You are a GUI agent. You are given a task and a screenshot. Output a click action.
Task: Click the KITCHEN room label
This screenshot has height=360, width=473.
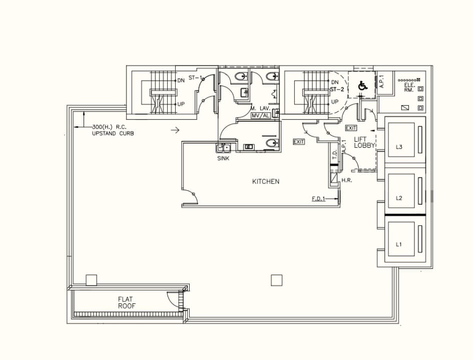click(265, 181)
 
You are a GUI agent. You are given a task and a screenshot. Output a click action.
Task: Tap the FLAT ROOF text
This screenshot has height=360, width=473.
click(127, 302)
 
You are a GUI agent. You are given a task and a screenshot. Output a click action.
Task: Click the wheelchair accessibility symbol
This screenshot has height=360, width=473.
click(362, 86)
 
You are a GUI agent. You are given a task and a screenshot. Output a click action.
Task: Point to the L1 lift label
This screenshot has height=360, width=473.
click(399, 244)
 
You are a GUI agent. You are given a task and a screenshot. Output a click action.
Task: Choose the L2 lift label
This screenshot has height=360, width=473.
click(399, 198)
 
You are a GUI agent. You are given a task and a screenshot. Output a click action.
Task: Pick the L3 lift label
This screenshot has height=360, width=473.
click(399, 147)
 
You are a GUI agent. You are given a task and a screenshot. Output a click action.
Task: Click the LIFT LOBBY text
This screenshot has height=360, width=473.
click(364, 142)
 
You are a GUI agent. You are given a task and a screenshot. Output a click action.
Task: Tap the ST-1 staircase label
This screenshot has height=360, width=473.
click(195, 78)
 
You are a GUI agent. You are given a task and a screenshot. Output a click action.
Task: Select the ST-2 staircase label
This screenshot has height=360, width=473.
click(336, 90)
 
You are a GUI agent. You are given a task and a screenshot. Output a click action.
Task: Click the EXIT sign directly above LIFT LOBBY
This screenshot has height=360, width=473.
click(351, 128)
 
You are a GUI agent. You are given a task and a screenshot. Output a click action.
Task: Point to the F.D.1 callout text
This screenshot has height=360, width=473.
click(318, 199)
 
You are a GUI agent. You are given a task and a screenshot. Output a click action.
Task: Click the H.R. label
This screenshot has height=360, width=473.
click(347, 180)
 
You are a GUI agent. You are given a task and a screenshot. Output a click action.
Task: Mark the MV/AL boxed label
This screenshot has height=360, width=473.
click(261, 115)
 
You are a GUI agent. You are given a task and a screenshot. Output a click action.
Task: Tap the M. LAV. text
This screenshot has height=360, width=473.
click(260, 108)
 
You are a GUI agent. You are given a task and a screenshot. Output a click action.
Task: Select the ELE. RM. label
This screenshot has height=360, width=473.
click(409, 87)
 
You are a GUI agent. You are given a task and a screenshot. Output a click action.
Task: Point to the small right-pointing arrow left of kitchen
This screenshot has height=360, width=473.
click(175, 130)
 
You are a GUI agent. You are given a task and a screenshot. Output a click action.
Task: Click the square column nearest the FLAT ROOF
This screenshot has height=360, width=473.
click(91, 280)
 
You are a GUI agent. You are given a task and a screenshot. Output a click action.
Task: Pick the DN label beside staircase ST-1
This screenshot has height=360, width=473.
click(181, 80)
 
